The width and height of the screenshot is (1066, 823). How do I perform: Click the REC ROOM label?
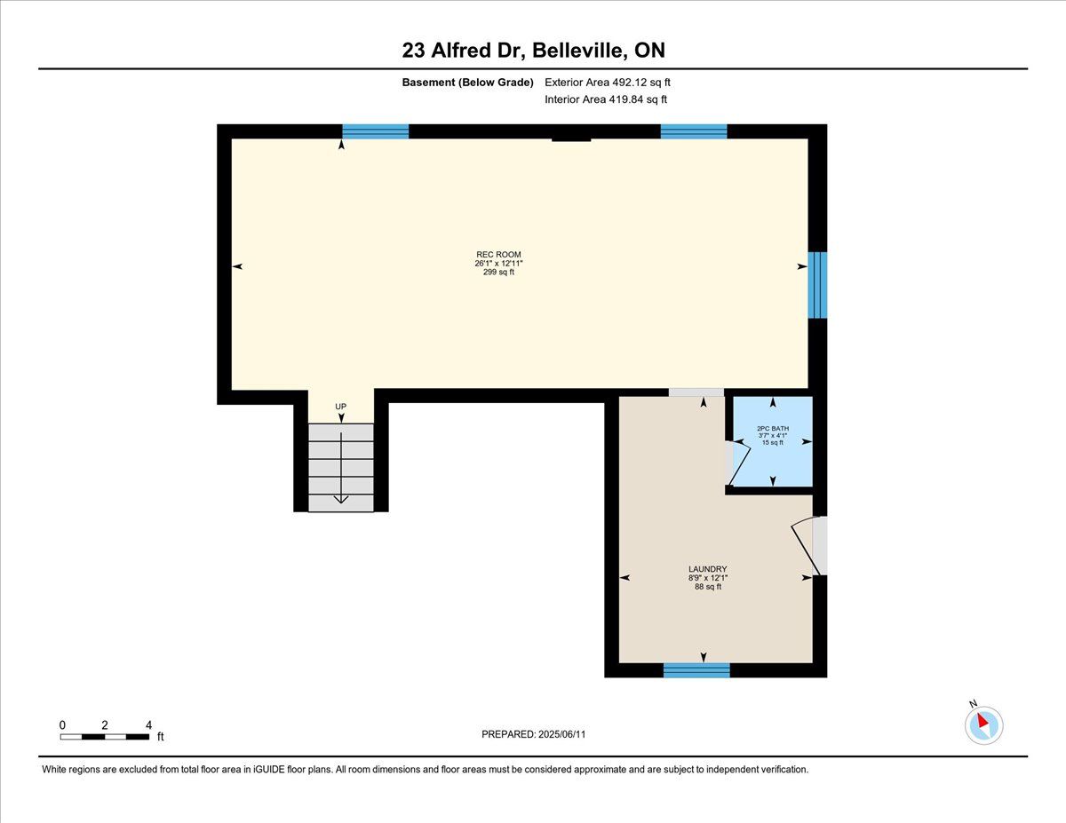coord(498,255)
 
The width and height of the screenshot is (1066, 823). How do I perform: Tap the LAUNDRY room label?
coord(707,569)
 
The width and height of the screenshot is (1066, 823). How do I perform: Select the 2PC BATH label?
coord(773,429)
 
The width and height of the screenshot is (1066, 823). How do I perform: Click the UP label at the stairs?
coord(340,407)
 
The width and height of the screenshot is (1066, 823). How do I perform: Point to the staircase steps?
coord(341,468)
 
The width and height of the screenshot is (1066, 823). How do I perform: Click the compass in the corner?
coord(983,725)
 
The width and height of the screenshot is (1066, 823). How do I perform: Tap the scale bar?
coord(105,737)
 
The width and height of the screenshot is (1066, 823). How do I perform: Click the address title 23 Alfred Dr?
coord(461,51)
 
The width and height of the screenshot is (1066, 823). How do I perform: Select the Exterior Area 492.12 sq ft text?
coord(608,83)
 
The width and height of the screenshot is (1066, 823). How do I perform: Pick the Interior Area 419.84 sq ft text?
coord(606,99)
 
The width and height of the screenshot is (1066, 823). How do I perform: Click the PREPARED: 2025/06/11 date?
coord(533,734)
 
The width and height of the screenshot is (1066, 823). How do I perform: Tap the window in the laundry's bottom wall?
coord(696,670)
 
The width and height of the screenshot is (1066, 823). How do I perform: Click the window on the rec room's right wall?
coord(817,285)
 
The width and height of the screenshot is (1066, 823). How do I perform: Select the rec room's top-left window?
coord(375,131)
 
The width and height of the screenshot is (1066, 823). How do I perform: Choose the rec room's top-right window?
coord(694,131)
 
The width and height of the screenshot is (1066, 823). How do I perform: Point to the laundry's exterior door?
coord(808,546)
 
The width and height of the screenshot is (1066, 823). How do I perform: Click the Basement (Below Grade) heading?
coord(467,83)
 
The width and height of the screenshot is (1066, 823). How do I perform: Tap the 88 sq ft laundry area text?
coord(708,587)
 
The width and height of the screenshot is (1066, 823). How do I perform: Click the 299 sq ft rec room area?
coord(498,272)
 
